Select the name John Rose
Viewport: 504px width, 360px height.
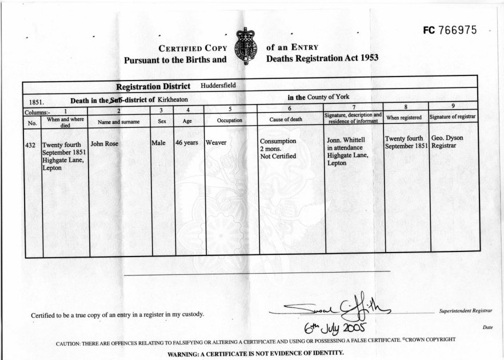click(x=105, y=143)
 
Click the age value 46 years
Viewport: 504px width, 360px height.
click(x=187, y=142)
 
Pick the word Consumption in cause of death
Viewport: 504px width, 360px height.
click(x=278, y=141)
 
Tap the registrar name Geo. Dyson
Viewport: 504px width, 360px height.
click(x=447, y=138)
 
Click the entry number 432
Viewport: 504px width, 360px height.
click(x=31, y=146)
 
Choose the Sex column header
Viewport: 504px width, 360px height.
click(x=162, y=121)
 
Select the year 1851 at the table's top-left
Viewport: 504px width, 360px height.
click(x=37, y=102)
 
